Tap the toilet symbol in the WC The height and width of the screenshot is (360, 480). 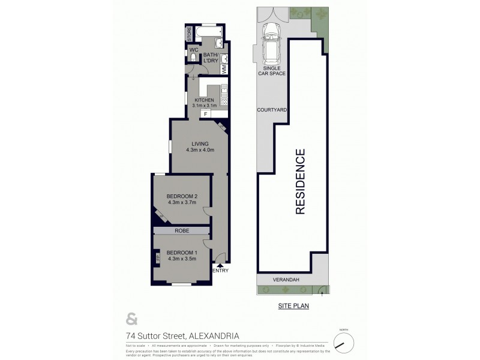pos(193,58)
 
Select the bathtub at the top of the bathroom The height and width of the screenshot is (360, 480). pos(209,30)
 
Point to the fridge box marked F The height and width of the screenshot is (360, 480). pos(206,113)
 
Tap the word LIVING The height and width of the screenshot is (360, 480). pos(200,143)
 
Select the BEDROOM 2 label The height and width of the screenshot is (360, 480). pos(182,196)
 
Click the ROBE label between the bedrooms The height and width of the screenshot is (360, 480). pos(182,230)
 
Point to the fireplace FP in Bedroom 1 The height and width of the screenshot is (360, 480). pos(158,257)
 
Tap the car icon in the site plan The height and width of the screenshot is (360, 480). pos(271,43)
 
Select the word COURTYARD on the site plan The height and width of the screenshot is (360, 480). pos(271,110)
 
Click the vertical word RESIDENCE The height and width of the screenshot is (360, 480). pos(300,181)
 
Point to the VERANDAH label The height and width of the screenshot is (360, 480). pos(286,280)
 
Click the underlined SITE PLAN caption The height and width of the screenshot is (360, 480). pos(293,306)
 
